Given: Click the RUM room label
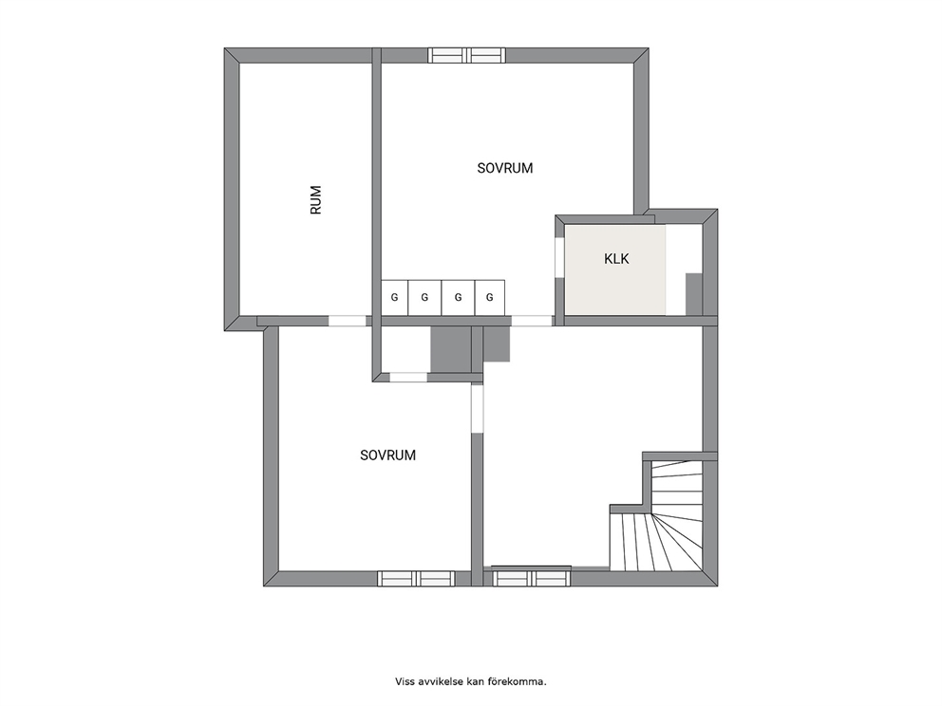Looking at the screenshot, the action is (x=316, y=200).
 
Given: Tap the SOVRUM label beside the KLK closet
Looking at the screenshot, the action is (x=505, y=168).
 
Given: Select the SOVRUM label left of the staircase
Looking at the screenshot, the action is (x=388, y=455).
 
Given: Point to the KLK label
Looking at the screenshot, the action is (x=616, y=259).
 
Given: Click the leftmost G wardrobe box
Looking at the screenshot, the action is (x=395, y=297).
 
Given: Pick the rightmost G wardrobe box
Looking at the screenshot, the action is (x=490, y=297).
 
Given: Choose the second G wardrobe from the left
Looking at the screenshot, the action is (x=424, y=297).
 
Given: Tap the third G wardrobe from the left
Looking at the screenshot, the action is (x=459, y=297).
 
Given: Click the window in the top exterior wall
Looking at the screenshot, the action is (x=467, y=55).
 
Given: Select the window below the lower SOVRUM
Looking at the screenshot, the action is (x=416, y=579).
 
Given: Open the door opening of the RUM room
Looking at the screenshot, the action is (x=347, y=321).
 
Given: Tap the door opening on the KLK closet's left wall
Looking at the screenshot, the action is (x=559, y=258).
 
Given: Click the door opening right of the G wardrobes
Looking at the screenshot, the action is (x=533, y=321).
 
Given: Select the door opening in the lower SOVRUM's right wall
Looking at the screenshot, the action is (x=477, y=409).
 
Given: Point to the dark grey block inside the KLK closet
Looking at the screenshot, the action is (x=694, y=294).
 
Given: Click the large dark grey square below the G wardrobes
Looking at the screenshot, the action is (x=451, y=349).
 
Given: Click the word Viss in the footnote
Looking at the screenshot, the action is (x=404, y=681).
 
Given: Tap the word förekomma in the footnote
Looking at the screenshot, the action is (x=524, y=681).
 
